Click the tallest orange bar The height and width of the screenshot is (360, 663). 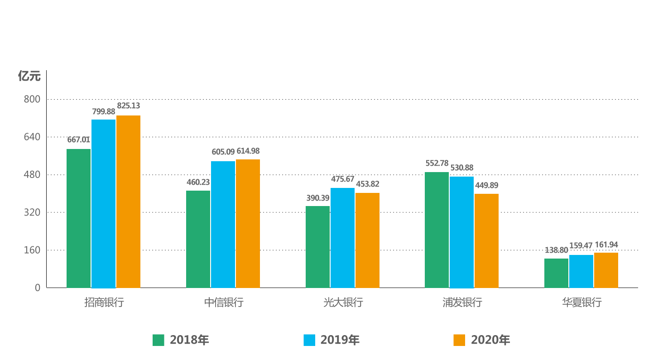[128, 201]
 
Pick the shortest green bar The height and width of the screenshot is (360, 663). [556, 273]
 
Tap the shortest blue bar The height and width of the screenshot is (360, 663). [581, 271]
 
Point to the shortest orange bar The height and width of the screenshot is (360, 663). [606, 270]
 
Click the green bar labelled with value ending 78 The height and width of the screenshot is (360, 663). [437, 229]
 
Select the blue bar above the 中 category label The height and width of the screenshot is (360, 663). [222, 224]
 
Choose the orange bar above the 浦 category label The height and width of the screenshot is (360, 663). [486, 240]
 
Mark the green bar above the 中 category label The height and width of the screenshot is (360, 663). [197, 239]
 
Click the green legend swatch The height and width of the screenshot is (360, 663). [159, 340]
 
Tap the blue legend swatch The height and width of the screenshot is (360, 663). [309, 340]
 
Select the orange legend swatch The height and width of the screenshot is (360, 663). [459, 340]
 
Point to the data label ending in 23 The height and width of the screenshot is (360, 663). [198, 182]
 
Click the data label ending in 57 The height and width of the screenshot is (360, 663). [342, 179]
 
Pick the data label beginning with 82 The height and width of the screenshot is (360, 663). [128, 106]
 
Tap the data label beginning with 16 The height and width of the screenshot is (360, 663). [606, 245]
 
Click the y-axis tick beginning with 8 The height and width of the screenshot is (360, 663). [32, 99]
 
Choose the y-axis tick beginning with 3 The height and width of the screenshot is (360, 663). [32, 212]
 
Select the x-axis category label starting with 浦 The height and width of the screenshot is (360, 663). [461, 303]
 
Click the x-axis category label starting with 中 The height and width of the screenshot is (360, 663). [223, 303]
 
